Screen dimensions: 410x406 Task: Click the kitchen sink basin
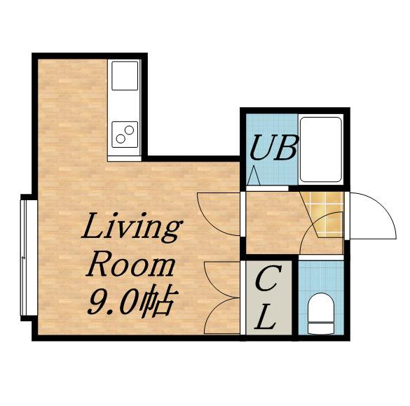coord(125,76)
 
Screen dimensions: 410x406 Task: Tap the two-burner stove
coord(125,134)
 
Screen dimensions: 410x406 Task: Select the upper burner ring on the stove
coord(129,129)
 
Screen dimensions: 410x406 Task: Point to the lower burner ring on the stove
coord(121,139)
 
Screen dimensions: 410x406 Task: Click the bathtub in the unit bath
coord(321,149)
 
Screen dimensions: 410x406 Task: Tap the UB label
coord(274,148)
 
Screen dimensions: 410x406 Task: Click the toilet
coord(321,314)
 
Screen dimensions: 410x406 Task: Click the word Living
coord(132,226)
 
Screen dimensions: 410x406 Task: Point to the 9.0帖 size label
coord(133,302)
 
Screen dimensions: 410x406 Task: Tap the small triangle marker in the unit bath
coord(254,175)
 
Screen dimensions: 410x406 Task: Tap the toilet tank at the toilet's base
coord(321,328)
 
